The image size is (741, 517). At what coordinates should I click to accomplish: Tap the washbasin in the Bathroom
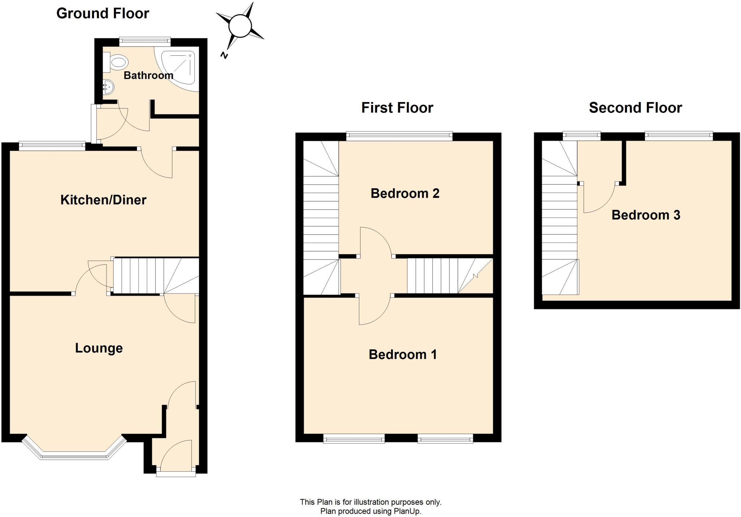point(108,87)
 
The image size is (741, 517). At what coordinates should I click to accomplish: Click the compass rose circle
point(240,26)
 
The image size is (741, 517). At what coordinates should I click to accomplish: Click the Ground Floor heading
point(102,13)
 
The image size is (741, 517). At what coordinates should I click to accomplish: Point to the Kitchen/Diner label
point(103,200)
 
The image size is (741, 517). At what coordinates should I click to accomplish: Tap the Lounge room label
point(99,348)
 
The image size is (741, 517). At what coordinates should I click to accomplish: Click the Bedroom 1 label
point(402,354)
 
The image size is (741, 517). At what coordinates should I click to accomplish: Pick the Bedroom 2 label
point(405,193)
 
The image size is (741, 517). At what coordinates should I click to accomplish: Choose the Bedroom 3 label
point(645,215)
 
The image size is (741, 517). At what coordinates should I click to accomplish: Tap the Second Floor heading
point(635,108)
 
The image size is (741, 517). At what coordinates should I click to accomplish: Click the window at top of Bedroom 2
point(399,136)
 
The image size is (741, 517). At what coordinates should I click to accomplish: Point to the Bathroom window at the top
point(145,41)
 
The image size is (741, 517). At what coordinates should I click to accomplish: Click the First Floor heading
point(397,108)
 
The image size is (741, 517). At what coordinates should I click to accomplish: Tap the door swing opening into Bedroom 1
point(374,311)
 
